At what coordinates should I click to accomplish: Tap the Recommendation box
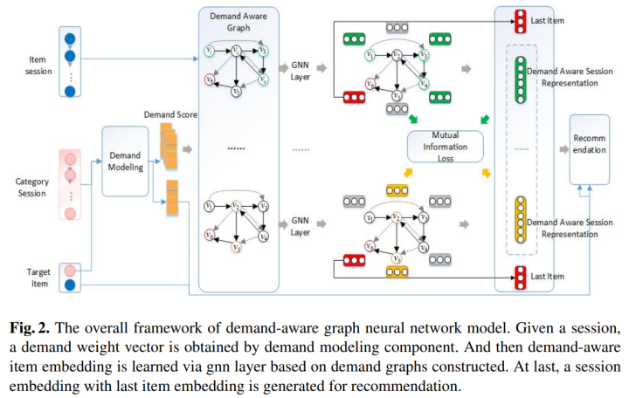pyautogui.click(x=591, y=148)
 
